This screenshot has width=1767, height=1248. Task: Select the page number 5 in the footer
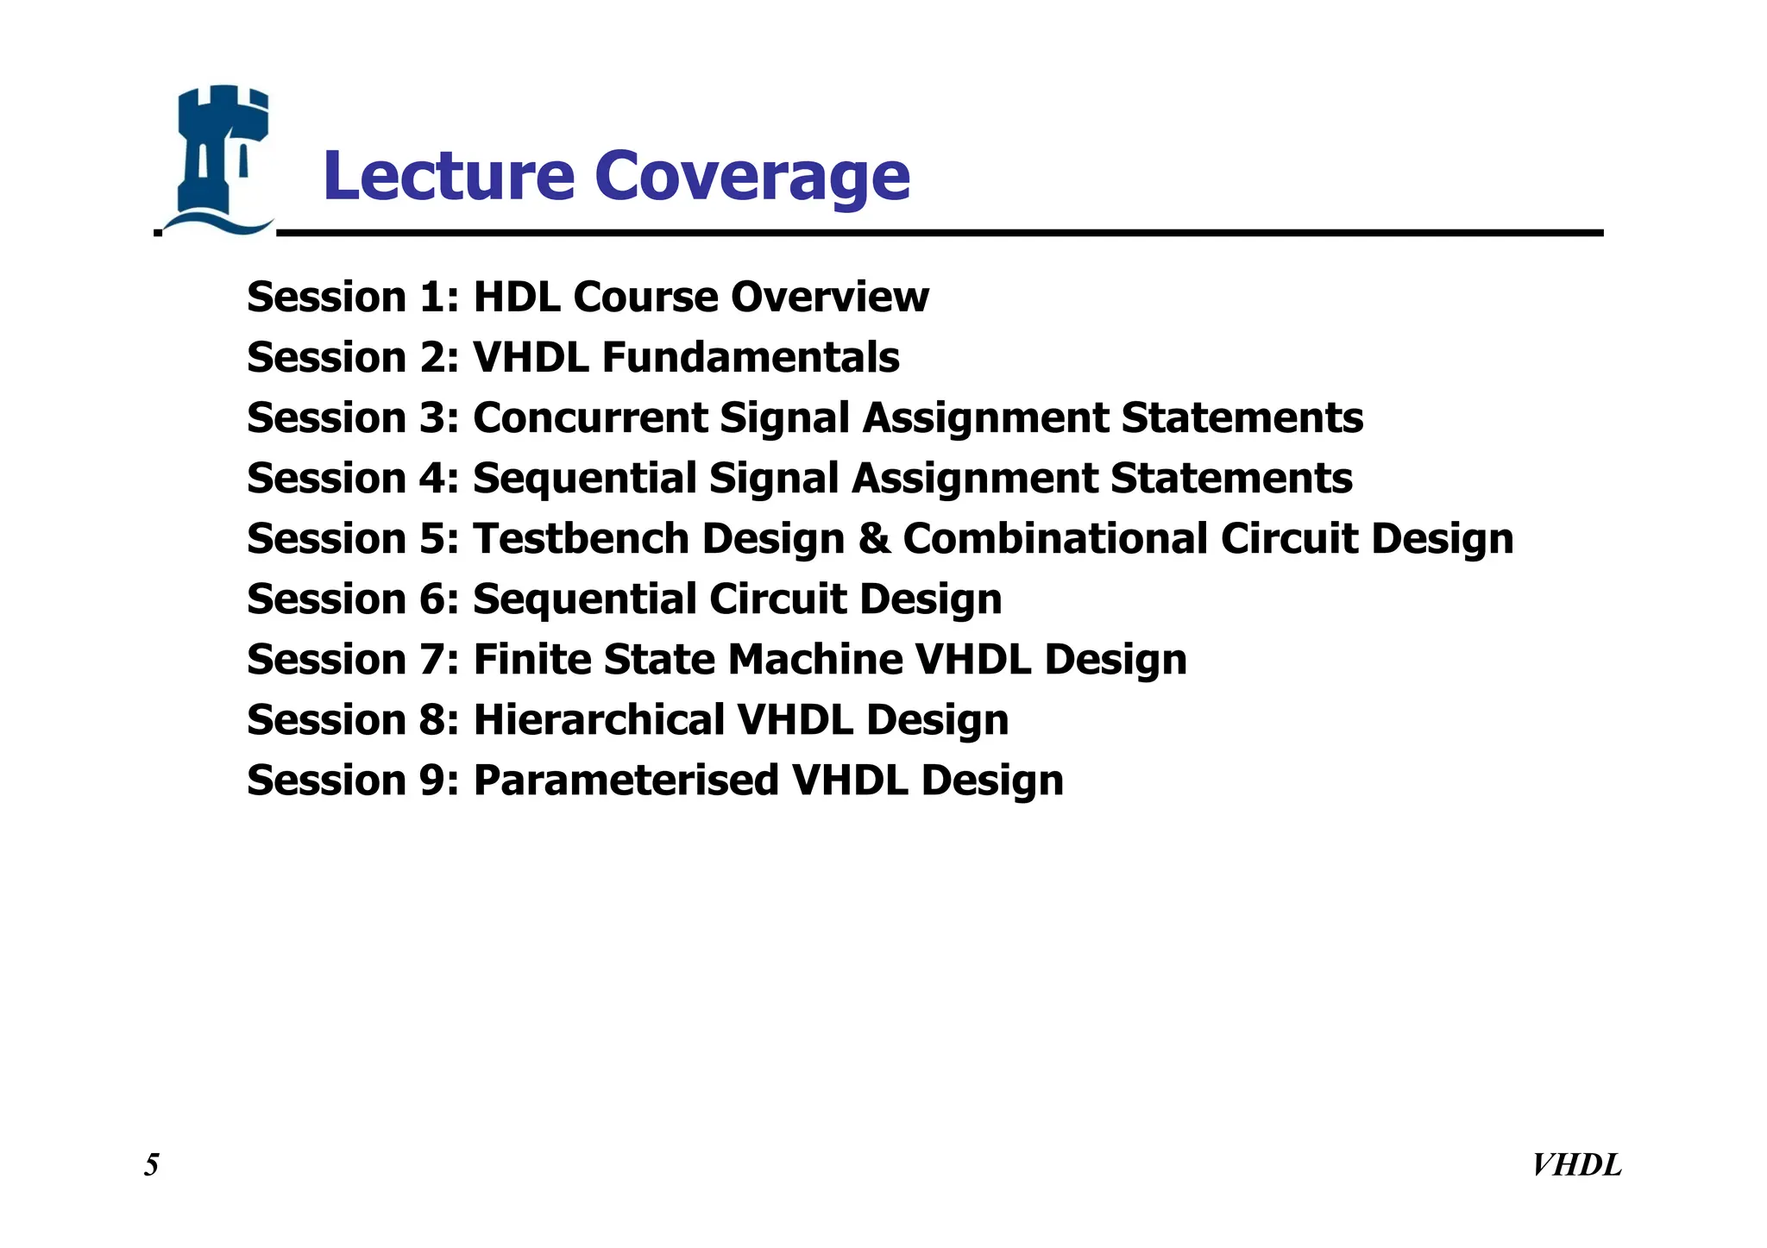coord(151,1165)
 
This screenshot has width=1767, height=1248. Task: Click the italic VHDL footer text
coord(1576,1165)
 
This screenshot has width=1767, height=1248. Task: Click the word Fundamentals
coord(751,358)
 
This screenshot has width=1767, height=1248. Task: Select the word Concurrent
coord(590,418)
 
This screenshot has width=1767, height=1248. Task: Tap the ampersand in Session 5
coord(873,539)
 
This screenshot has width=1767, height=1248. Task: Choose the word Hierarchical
coord(599,720)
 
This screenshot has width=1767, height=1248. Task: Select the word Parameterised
coord(626,781)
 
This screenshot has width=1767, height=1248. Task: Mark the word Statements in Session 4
coord(1231,479)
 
